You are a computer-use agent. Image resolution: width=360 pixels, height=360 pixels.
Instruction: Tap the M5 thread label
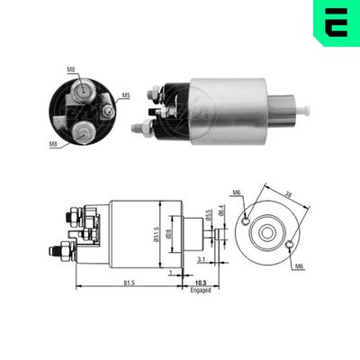[126, 95]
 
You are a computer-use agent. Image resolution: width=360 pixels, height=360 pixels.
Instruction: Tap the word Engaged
[200, 292]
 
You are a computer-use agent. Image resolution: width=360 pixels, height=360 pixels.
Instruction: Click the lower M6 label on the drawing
[298, 267]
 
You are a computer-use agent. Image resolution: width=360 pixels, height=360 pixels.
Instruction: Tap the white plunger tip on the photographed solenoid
[306, 110]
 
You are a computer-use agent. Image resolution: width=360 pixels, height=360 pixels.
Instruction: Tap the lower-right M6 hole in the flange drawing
[287, 245]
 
